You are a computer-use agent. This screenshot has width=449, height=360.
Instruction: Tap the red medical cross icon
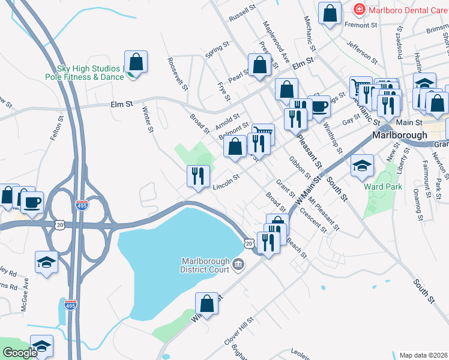(359, 10)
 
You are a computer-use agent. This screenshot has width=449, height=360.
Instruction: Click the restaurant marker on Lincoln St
(198, 176)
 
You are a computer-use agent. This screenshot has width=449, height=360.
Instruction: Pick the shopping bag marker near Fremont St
(330, 14)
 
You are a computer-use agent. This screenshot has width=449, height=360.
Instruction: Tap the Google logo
(20, 353)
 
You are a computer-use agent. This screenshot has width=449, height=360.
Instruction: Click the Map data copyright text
(423, 355)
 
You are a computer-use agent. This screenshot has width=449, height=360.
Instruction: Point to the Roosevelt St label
(178, 71)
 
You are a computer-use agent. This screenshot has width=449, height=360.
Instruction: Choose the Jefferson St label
(361, 52)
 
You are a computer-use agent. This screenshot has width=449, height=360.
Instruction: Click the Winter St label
(147, 118)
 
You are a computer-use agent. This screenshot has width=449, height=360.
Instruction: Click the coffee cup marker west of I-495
(32, 202)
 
